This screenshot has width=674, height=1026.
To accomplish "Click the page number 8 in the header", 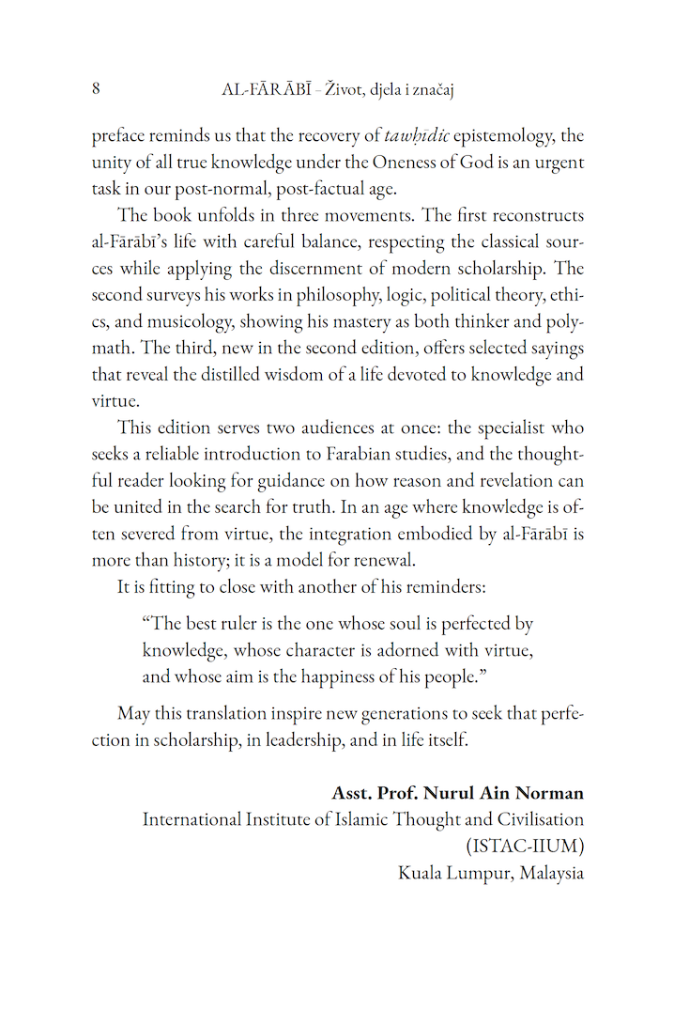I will point(97,89).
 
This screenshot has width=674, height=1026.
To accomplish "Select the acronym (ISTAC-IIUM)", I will point(525,846).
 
